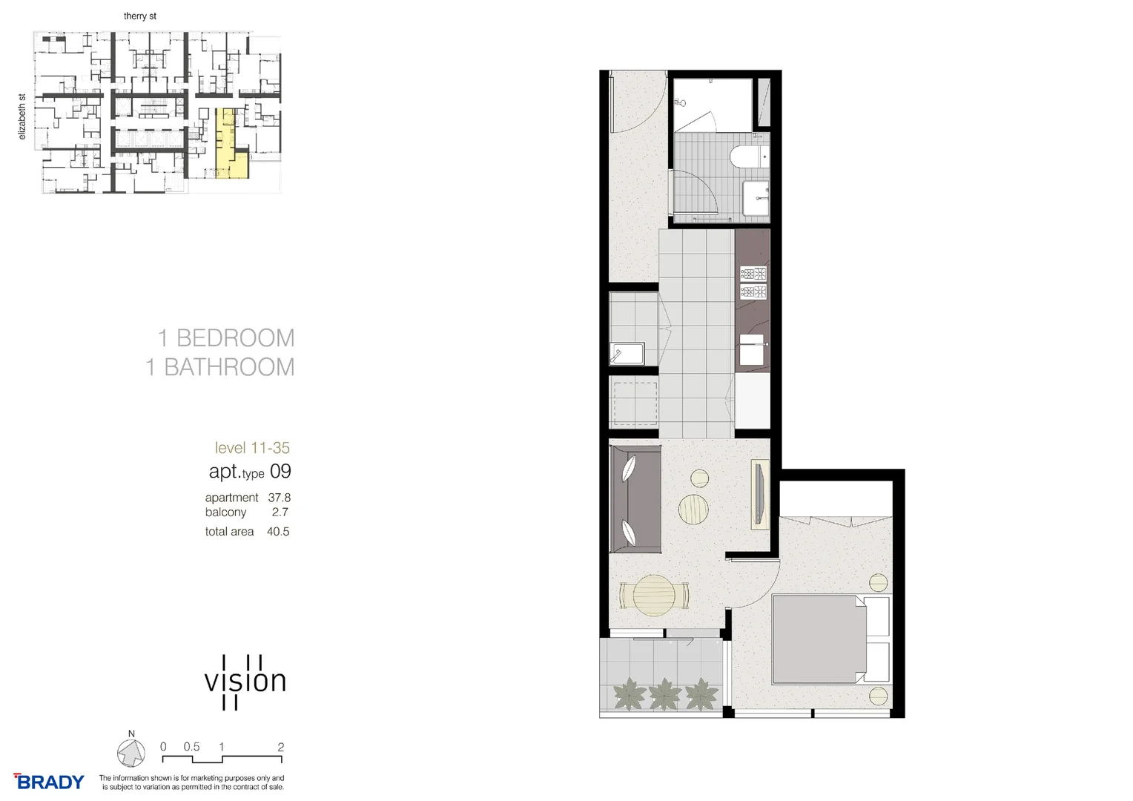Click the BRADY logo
(x=49, y=782)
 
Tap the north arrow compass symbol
(x=131, y=754)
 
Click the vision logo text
(x=245, y=682)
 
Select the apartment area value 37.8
(x=279, y=498)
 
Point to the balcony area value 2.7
(x=280, y=512)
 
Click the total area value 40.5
(x=278, y=532)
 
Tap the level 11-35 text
(x=252, y=448)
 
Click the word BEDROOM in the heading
(x=235, y=338)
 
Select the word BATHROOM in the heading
(x=229, y=367)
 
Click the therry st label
(x=140, y=16)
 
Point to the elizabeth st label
(x=22, y=116)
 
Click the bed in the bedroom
(x=819, y=639)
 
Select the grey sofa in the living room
(x=635, y=499)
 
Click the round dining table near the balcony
(x=655, y=594)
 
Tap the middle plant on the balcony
(x=664, y=695)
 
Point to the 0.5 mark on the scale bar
(x=192, y=747)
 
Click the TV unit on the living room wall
(x=761, y=494)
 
